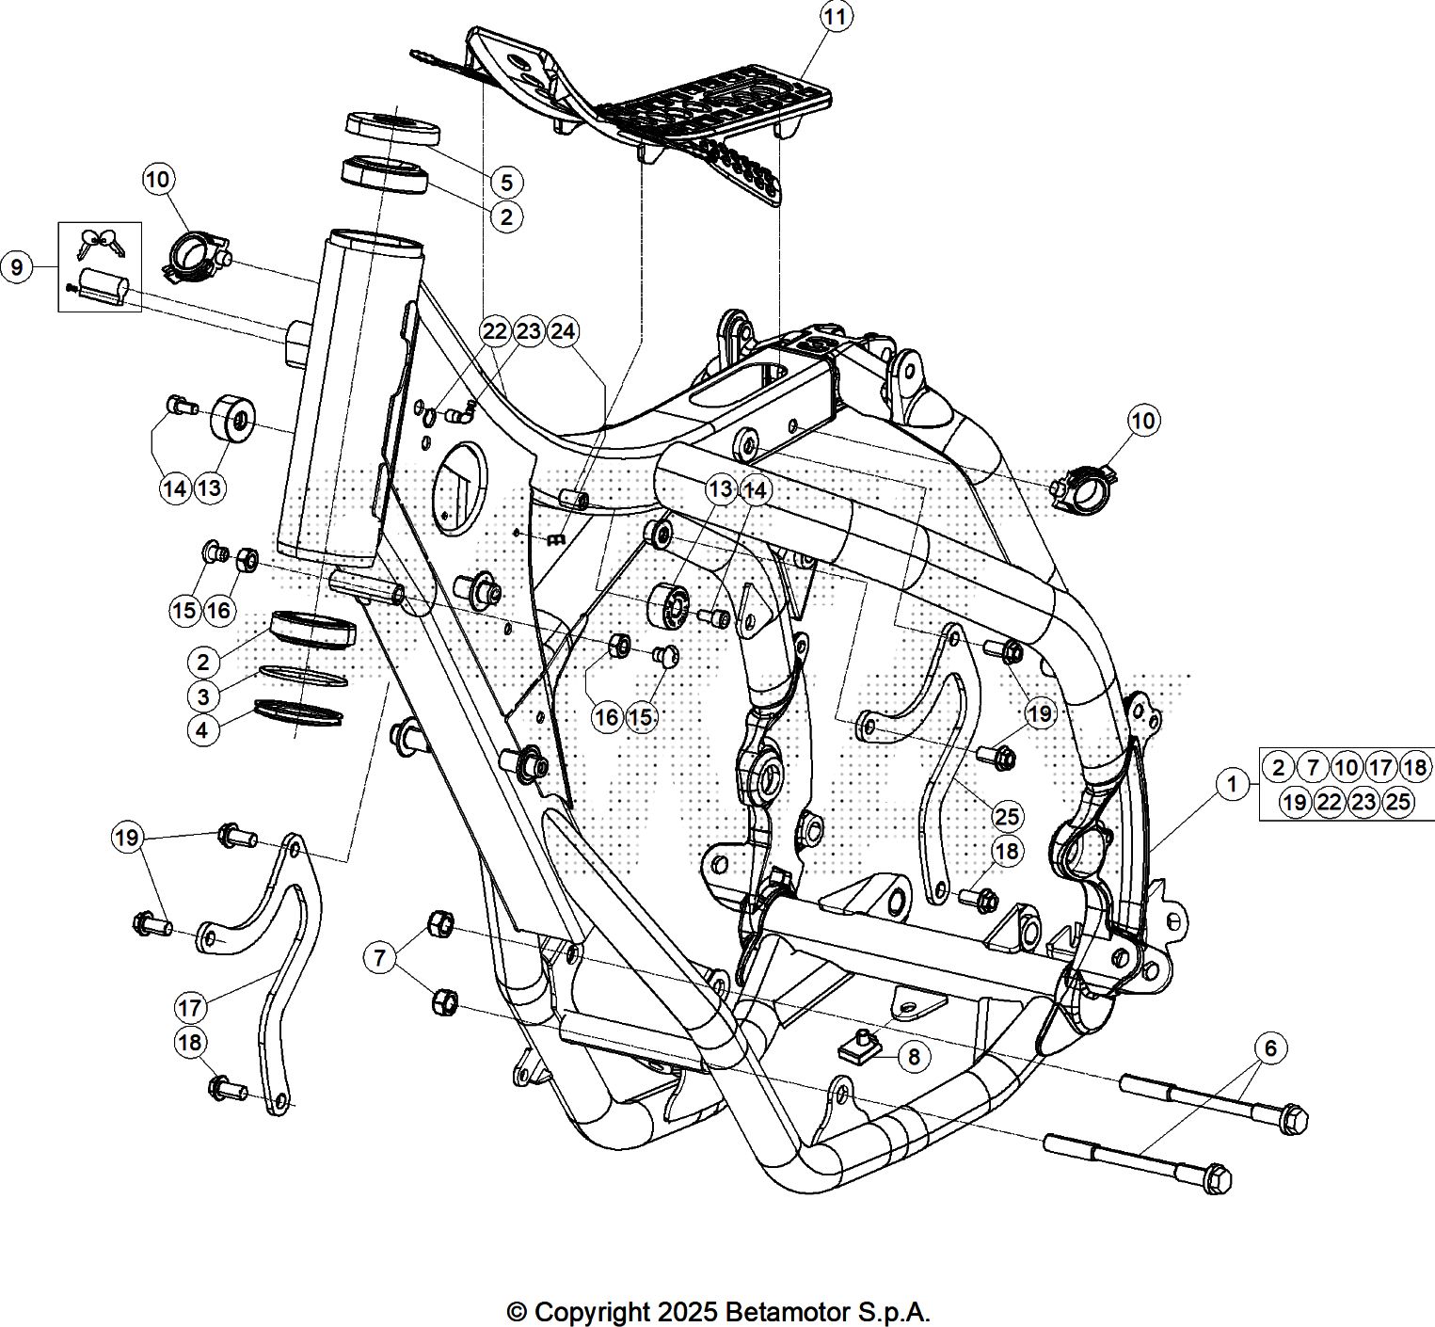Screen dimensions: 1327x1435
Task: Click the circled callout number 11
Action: (x=835, y=16)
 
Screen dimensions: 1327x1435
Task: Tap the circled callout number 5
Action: (x=506, y=182)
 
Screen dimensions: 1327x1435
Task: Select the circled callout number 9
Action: (x=17, y=266)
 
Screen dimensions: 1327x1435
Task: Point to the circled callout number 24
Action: (x=563, y=331)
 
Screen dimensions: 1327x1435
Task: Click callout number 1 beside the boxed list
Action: (x=1231, y=783)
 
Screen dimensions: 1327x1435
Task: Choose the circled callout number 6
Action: (x=1270, y=1047)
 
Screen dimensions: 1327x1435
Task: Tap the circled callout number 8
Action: (x=914, y=1056)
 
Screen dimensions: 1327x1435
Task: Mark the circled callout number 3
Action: (x=203, y=696)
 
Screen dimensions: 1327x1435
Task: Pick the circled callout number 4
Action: (x=203, y=730)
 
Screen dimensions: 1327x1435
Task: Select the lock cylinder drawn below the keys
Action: (x=99, y=283)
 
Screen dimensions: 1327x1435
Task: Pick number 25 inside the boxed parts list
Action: (x=1398, y=802)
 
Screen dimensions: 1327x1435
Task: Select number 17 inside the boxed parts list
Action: (x=1380, y=767)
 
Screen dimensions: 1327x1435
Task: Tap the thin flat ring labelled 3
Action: (x=302, y=675)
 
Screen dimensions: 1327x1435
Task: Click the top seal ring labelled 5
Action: (x=393, y=127)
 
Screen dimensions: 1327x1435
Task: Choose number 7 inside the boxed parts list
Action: (x=1313, y=767)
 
